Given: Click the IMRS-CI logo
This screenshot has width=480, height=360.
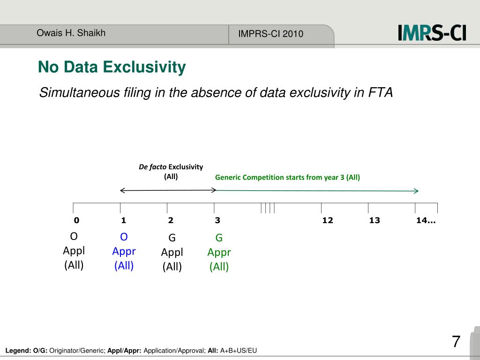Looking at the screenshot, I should [432, 33].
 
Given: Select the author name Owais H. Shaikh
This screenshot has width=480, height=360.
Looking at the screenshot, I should [71, 33].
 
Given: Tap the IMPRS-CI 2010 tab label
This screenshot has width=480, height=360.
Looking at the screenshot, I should [270, 34].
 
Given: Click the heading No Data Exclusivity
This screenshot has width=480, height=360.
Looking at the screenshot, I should [112, 67].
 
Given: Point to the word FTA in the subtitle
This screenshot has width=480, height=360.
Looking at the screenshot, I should [380, 93].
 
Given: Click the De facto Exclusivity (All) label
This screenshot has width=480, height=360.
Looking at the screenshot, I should [171, 172].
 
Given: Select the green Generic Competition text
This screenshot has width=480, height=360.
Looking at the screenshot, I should [287, 177].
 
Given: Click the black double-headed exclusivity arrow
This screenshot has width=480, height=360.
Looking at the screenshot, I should [168, 190].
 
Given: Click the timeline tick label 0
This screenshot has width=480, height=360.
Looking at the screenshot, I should [76, 220].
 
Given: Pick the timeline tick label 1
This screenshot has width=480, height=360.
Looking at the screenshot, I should [123, 220].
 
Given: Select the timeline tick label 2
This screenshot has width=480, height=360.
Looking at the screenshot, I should [171, 220].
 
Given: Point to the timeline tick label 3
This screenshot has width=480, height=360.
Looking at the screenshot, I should [217, 220].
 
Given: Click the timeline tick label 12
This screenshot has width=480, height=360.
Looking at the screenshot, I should [328, 220].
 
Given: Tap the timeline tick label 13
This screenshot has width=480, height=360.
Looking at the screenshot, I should [375, 220].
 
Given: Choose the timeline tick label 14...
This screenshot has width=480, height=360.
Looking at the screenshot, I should [425, 220].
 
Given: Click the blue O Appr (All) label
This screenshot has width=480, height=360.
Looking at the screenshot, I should [124, 251].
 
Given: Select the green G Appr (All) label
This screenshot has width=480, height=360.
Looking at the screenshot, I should [219, 252].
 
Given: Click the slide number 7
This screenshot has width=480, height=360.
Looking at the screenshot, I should [456, 341].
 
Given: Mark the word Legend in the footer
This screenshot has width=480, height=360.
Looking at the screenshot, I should [17, 351].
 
